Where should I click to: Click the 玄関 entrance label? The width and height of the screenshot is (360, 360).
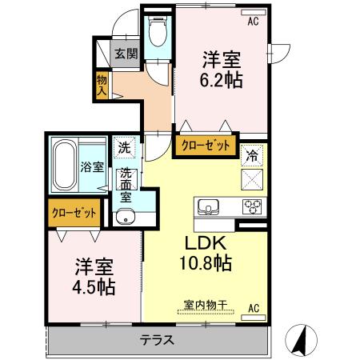point(124,54)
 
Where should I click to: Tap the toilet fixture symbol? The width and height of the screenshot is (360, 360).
point(157,34)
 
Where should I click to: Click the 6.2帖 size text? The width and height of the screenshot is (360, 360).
point(222,80)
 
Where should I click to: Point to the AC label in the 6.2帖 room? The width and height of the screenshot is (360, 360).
point(254,21)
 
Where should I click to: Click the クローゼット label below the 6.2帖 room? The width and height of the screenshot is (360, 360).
point(205,146)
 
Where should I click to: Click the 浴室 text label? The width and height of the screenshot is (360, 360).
point(92,167)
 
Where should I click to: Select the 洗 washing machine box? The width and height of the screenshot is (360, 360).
point(125,147)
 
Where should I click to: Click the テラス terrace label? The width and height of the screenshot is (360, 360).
point(158,339)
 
